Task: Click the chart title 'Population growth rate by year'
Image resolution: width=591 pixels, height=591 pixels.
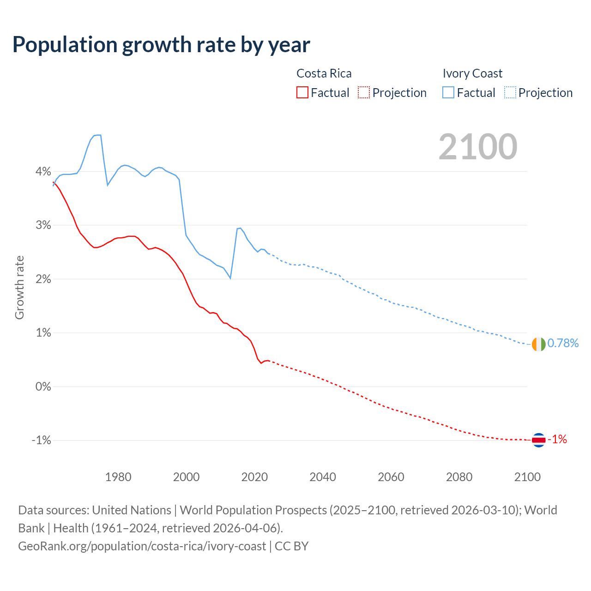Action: [x=161, y=45]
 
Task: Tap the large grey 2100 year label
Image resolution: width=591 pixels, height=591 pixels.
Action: [x=477, y=147]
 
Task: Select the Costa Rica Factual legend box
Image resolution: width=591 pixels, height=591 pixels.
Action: [x=302, y=92]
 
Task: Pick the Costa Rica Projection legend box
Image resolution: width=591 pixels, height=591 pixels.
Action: [x=364, y=92]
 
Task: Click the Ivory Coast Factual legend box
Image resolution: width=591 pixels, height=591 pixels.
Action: [x=448, y=92]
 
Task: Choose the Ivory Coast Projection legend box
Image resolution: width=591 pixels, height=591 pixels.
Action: [x=510, y=92]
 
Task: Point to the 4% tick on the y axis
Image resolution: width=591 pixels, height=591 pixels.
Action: [x=43, y=171]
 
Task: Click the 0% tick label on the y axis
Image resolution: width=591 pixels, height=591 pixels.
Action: [x=43, y=386]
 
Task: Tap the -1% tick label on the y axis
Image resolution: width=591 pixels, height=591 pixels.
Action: [x=41, y=440]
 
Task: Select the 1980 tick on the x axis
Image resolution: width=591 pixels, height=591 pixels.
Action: [x=118, y=477]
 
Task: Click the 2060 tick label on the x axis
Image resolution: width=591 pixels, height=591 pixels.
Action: [x=391, y=477]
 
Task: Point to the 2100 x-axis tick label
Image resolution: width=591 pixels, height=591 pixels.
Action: [x=527, y=477]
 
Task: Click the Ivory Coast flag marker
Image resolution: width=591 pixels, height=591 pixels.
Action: [x=538, y=344]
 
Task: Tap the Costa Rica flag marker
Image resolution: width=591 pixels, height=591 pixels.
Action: [x=538, y=440]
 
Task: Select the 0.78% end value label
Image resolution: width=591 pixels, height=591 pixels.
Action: [x=563, y=343]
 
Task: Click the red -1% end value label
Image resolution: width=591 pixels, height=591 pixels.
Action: [x=557, y=440]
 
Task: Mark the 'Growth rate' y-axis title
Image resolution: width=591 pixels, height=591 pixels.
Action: [x=19, y=287]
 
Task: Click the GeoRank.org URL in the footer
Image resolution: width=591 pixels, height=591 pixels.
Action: [x=142, y=546]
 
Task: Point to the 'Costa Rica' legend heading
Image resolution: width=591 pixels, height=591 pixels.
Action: [x=324, y=73]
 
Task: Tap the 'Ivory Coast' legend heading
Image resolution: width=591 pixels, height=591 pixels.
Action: [x=472, y=73]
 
